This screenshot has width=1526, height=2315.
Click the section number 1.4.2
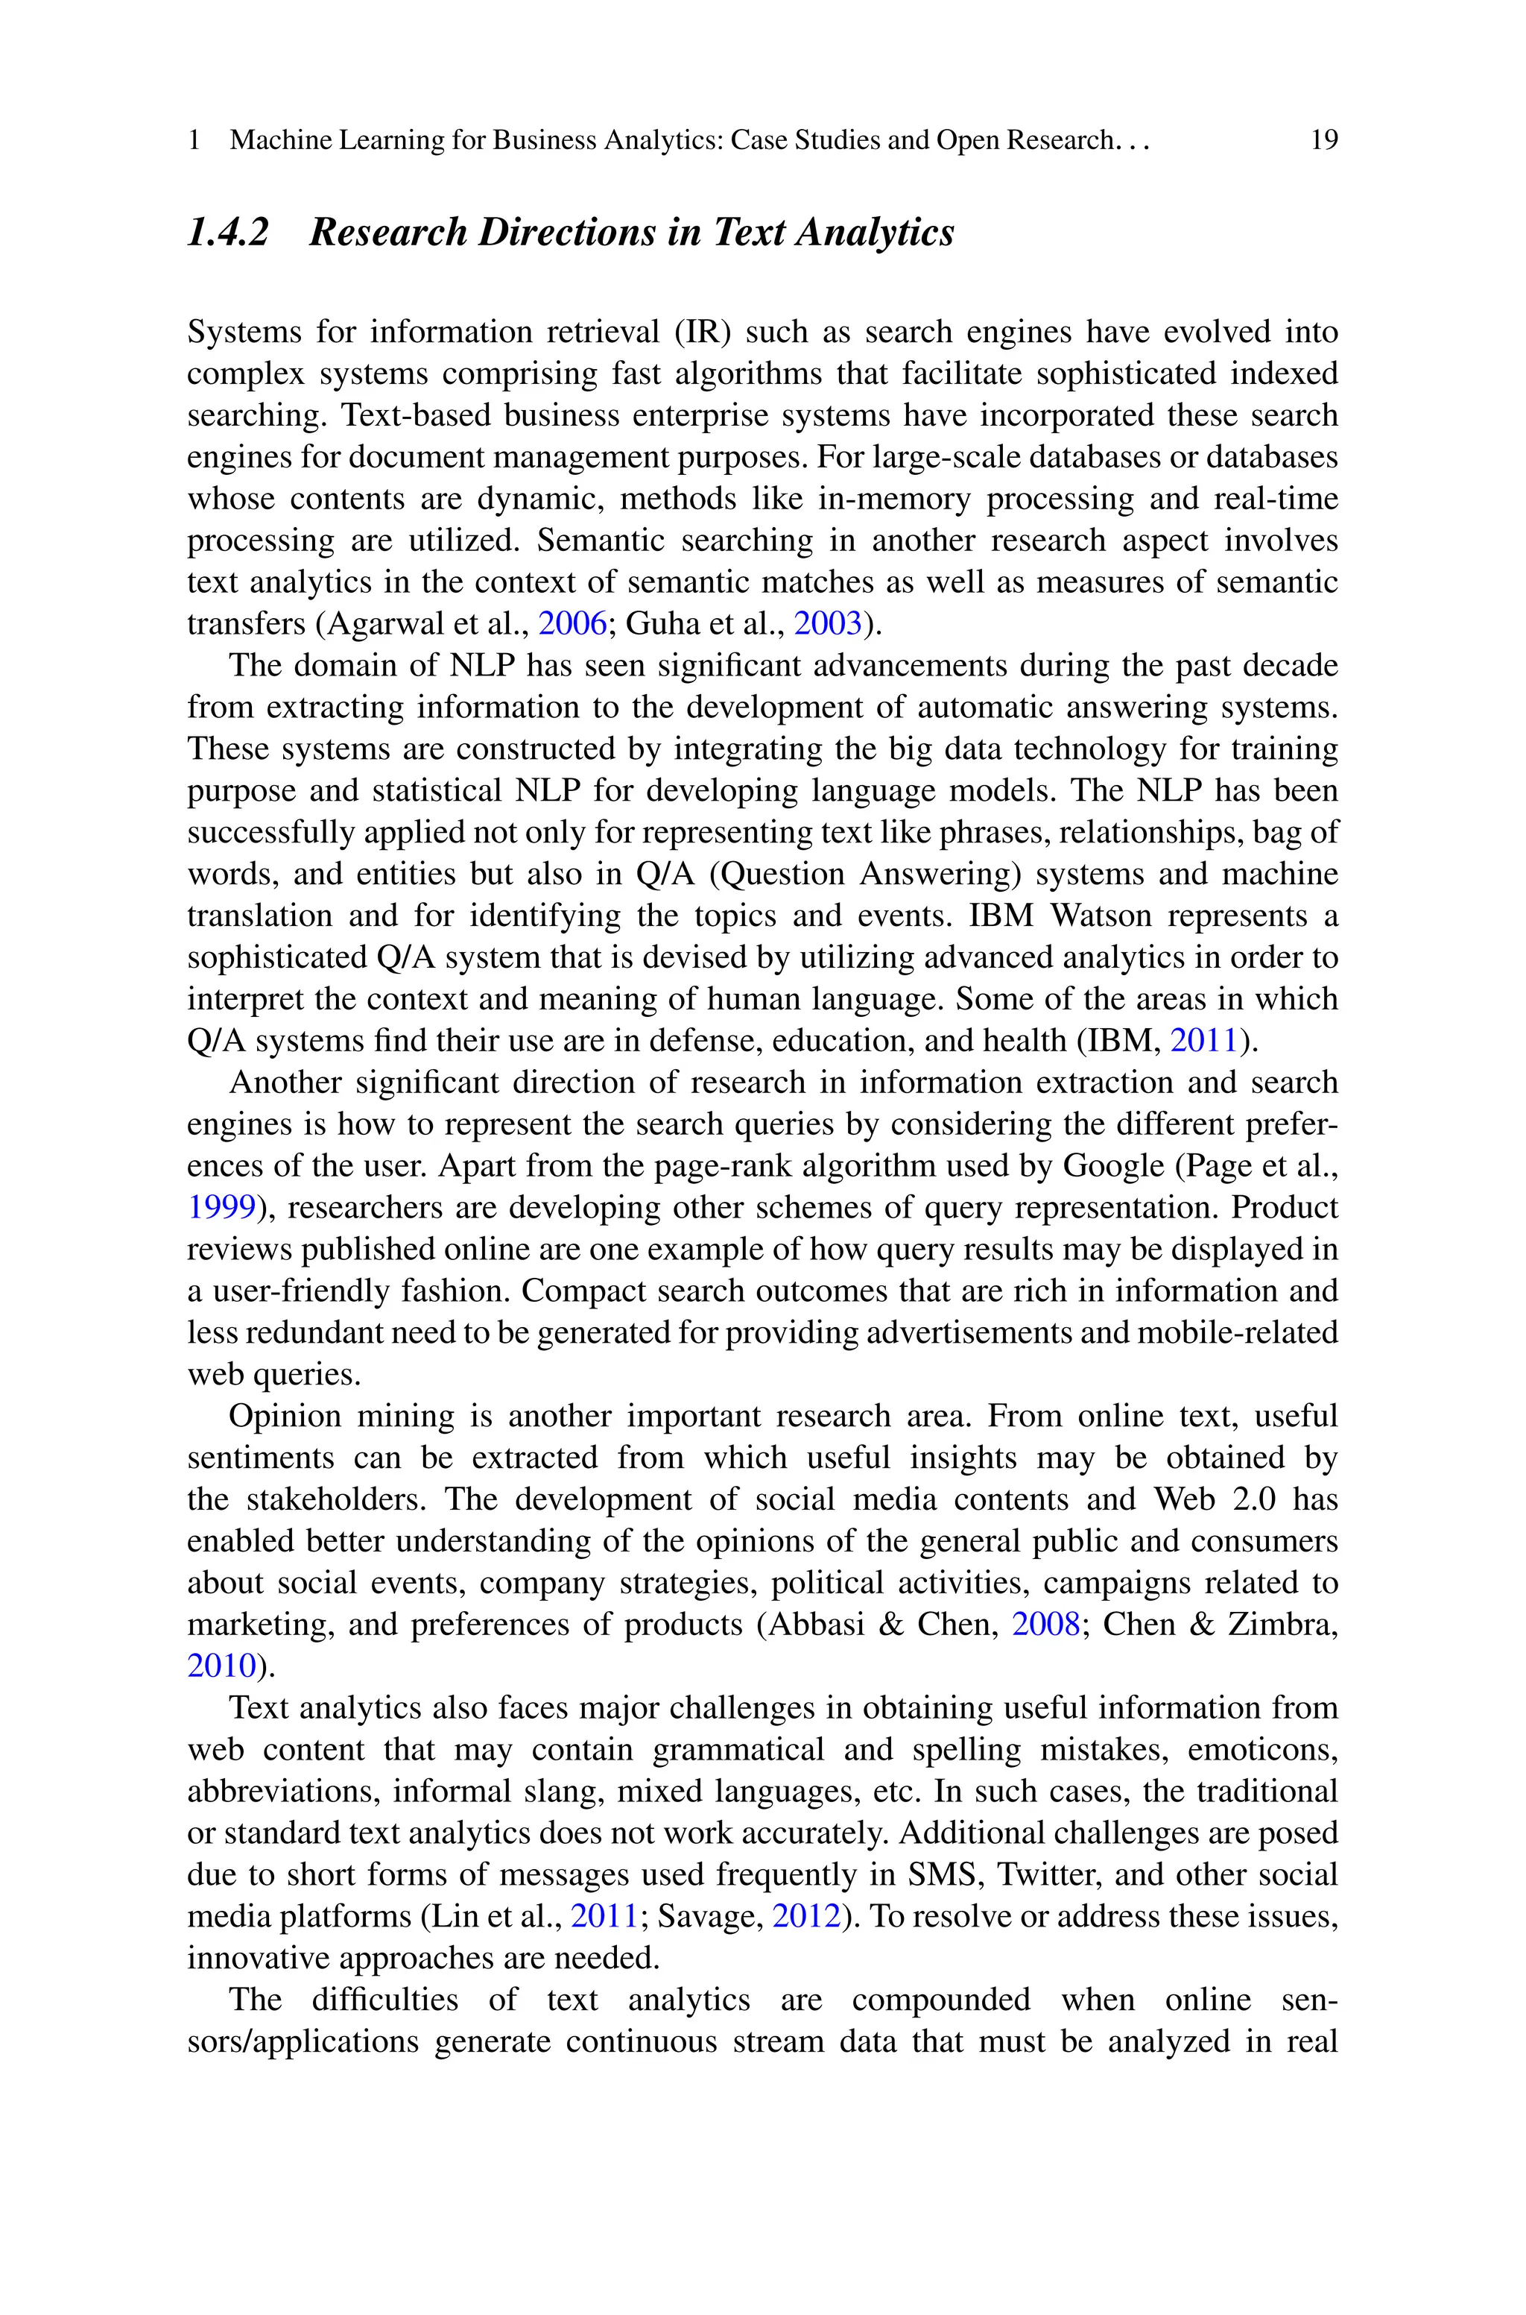[x=228, y=233]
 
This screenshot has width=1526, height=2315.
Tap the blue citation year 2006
[x=572, y=623]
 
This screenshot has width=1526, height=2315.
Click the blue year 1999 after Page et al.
[x=221, y=1207]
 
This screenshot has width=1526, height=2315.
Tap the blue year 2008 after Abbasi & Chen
[x=1046, y=1624]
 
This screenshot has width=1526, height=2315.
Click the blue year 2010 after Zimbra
[x=221, y=1666]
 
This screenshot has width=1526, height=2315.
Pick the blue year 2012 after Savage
[x=805, y=1916]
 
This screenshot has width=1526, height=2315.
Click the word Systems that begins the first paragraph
[x=244, y=332]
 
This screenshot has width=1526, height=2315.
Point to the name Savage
[x=709, y=1916]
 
